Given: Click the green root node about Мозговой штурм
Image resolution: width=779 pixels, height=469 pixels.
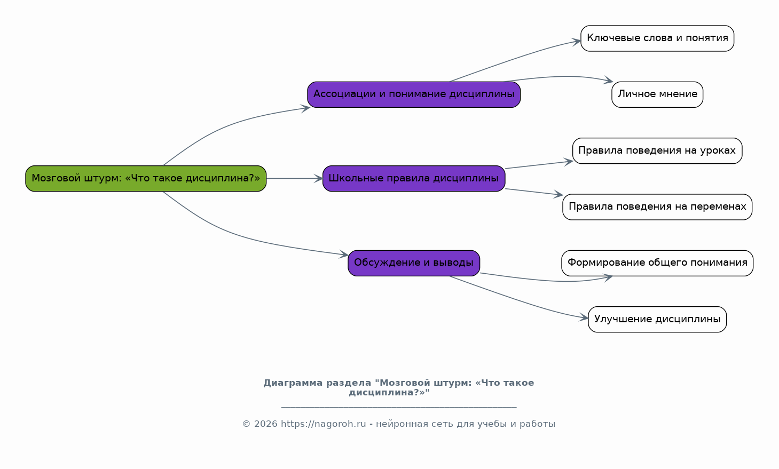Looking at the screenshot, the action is (146, 179).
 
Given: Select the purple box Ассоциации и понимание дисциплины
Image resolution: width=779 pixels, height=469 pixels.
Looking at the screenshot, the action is (414, 94).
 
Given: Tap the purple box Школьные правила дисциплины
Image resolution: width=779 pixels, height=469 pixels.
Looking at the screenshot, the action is (414, 179).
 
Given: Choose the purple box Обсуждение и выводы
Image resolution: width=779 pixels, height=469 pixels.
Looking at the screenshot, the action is (414, 263).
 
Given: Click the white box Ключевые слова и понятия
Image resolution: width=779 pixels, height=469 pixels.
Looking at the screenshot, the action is (657, 38).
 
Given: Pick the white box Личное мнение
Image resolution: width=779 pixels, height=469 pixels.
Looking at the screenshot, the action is (657, 94).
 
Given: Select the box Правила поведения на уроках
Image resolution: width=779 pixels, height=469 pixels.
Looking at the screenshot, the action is (657, 151).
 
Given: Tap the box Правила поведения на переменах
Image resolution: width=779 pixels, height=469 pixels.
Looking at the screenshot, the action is (657, 207).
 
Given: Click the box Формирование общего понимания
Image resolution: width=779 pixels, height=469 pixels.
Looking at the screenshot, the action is (657, 263).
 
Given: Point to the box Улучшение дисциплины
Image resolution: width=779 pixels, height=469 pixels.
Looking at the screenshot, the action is (657, 319).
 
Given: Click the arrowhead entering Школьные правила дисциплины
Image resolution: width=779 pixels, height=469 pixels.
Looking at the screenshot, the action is (319, 179).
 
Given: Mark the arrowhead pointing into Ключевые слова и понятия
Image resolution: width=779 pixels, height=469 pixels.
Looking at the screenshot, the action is (577, 42).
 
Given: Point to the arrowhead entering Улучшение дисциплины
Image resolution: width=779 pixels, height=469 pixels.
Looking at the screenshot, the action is (584, 317).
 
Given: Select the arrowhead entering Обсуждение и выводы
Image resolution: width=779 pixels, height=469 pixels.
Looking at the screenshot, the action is (344, 255).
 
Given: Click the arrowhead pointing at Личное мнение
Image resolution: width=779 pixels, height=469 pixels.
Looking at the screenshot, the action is (608, 80).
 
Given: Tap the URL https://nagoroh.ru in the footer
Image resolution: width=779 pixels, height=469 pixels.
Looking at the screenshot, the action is (324, 424).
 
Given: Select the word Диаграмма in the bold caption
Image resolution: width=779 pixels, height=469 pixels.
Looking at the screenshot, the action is (293, 383).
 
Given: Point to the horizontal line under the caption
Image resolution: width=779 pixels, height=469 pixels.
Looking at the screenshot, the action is (399, 407).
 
